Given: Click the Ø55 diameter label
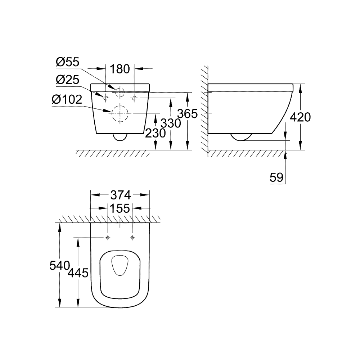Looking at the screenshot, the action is coord(68,62).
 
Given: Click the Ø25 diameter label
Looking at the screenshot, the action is coord(68,80).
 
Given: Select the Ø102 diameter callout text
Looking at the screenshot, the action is coord(67,99).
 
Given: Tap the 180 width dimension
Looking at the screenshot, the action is coord(120,68).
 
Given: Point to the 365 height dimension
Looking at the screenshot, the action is coord(189,114).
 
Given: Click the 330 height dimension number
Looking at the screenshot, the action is coord(171,123).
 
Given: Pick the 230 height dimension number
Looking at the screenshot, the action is coord(155,134).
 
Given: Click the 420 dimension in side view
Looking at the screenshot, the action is coord(300,117).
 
